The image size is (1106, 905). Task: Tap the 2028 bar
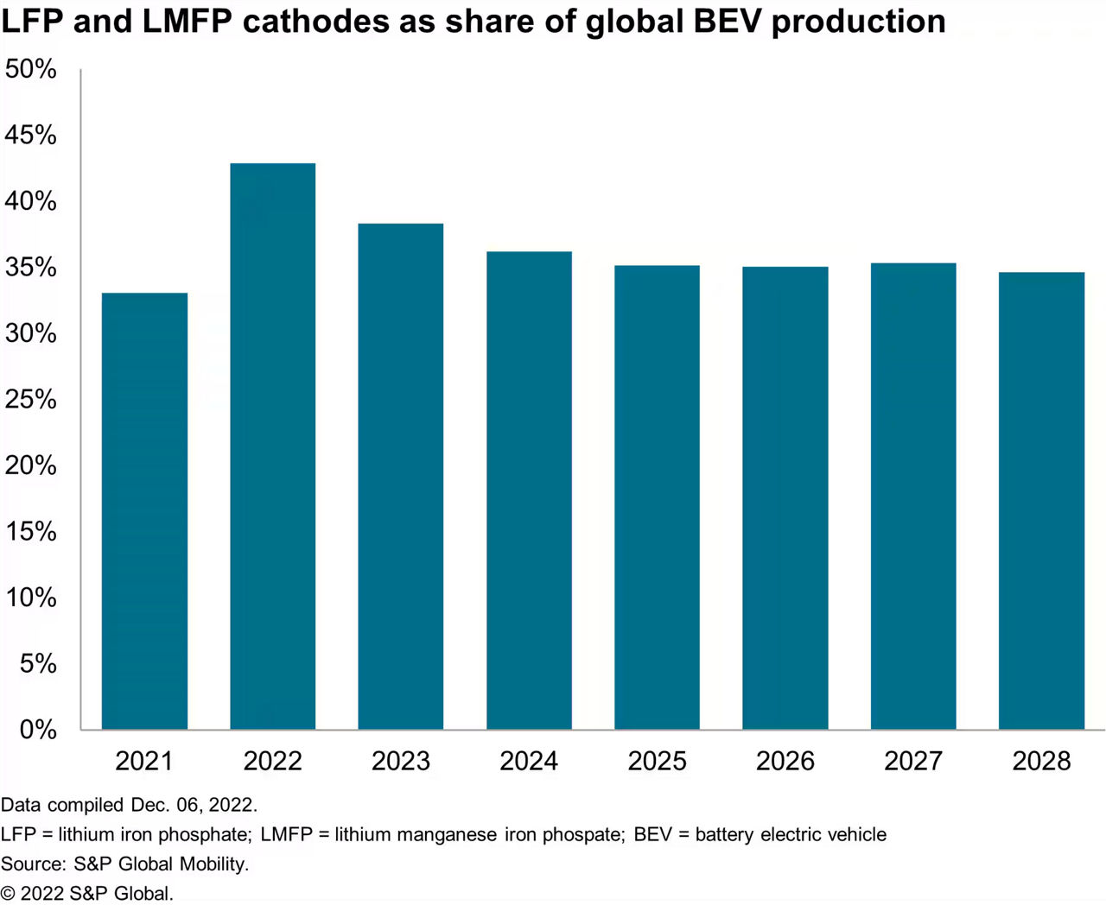pyautogui.click(x=1041, y=501)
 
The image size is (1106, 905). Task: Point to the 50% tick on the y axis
pyautogui.click(x=31, y=69)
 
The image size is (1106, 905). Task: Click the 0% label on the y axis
pyautogui.click(x=38, y=730)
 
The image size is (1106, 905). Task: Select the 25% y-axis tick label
pyautogui.click(x=31, y=400)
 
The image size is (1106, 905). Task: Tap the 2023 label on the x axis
pyautogui.click(x=401, y=761)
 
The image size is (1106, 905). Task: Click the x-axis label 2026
pyautogui.click(x=785, y=761)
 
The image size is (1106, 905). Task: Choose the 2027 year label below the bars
pyautogui.click(x=913, y=761)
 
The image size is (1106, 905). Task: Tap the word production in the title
pyautogui.click(x=858, y=21)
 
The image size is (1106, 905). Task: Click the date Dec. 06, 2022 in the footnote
pyautogui.click(x=194, y=805)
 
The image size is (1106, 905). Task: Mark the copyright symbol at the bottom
pyautogui.click(x=8, y=894)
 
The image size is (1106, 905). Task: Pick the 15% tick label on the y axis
pyautogui.click(x=31, y=532)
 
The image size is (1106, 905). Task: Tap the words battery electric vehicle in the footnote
pyautogui.click(x=791, y=834)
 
